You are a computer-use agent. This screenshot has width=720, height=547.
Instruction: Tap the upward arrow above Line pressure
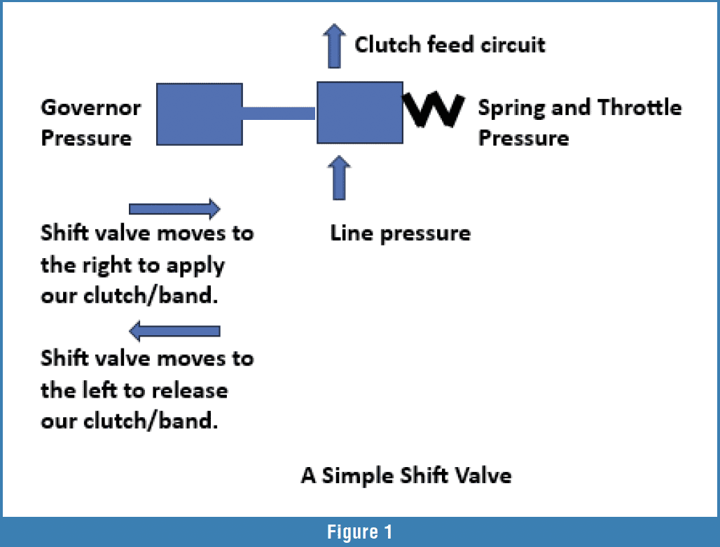pyautogui.click(x=339, y=179)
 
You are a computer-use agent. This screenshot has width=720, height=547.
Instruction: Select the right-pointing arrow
pyautogui.click(x=174, y=209)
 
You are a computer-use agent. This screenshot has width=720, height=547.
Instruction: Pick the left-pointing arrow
pyautogui.click(x=175, y=330)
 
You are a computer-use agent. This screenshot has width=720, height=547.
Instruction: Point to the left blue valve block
pyautogui.click(x=199, y=114)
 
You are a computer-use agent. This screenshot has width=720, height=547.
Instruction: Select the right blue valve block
pyautogui.click(x=360, y=112)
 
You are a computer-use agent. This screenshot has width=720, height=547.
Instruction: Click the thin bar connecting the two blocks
pyautogui.click(x=279, y=113)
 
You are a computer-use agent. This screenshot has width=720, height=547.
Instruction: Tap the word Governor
pyautogui.click(x=90, y=108)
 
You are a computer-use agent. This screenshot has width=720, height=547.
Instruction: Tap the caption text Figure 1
pyautogui.click(x=359, y=533)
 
